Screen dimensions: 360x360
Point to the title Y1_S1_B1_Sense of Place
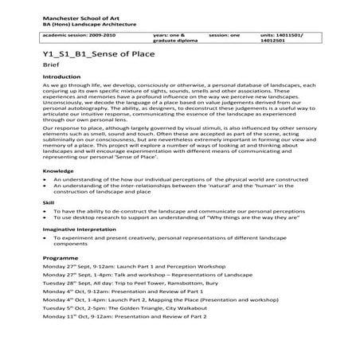[92, 58]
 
